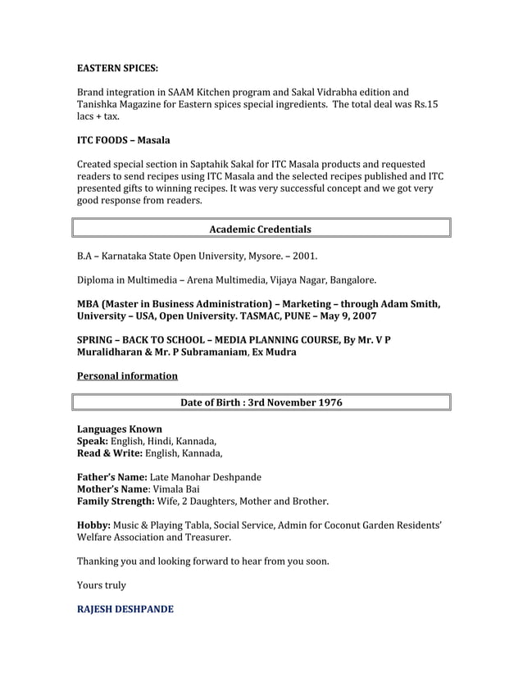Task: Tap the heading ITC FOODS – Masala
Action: tap(124, 141)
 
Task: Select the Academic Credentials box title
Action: tap(261, 229)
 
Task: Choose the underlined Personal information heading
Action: tap(127, 375)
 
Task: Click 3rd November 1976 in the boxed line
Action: tap(289, 402)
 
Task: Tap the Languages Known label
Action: tap(119, 429)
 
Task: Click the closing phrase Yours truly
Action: tap(102, 585)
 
